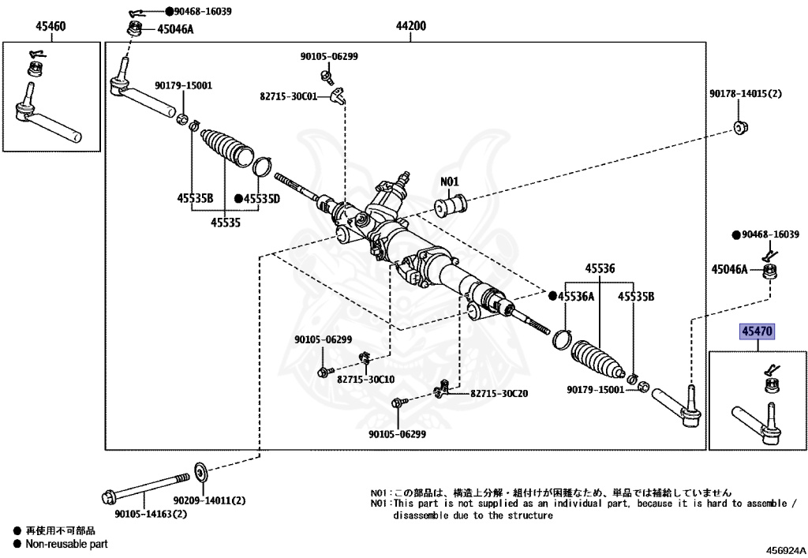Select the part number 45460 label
[50, 26]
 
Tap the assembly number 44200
[411, 26]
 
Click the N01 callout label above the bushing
[449, 182]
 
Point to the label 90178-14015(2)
[745, 94]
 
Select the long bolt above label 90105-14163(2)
[147, 486]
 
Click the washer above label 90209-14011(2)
[200, 472]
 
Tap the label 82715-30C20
[499, 394]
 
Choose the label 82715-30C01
[288, 96]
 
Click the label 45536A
[576, 297]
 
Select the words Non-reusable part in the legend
[66, 544]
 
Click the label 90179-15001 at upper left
[183, 85]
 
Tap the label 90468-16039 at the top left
[198, 13]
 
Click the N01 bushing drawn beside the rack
[451, 208]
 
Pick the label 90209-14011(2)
[211, 500]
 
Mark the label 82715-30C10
[366, 379]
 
